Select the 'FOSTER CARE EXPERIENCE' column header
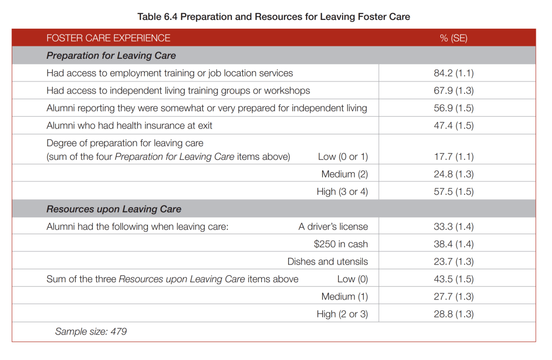108,38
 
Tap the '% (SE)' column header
453,38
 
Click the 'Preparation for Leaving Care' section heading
111,56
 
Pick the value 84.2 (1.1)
453,73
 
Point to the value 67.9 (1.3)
453,91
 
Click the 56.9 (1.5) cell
453,108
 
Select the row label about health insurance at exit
130,126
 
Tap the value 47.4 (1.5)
453,126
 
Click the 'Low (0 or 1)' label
343,157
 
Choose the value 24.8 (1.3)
453,174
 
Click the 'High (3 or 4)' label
342,192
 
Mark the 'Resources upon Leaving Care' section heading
114,209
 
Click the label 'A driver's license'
333,227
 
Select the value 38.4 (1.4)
453,244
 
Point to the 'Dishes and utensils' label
328,261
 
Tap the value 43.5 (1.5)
453,279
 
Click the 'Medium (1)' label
345,297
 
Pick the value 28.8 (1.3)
453,314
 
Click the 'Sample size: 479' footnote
91,331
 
